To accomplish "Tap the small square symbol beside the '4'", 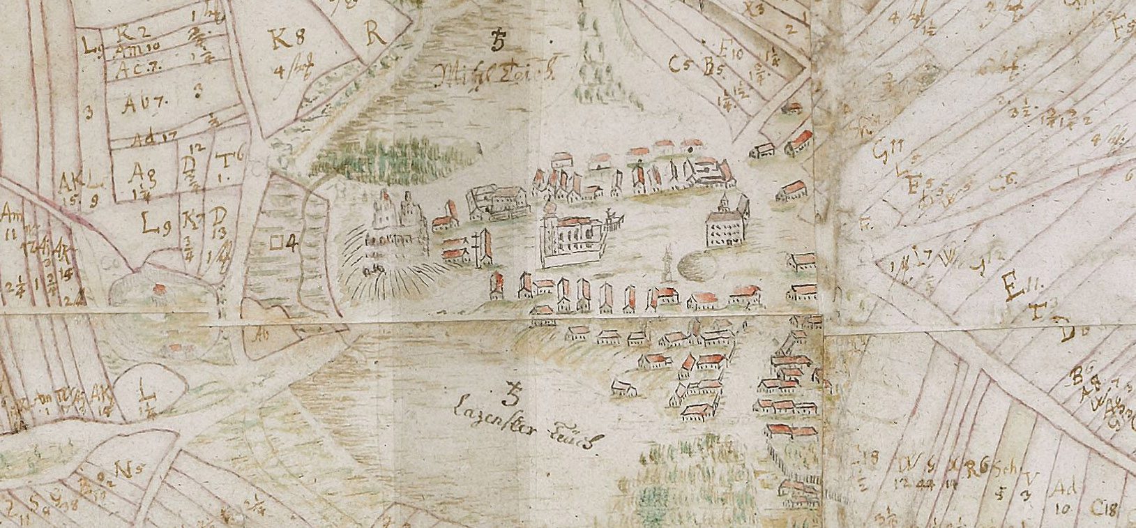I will [276, 243].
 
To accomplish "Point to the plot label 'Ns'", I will [125, 469].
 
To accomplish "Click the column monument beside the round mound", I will [669, 263].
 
